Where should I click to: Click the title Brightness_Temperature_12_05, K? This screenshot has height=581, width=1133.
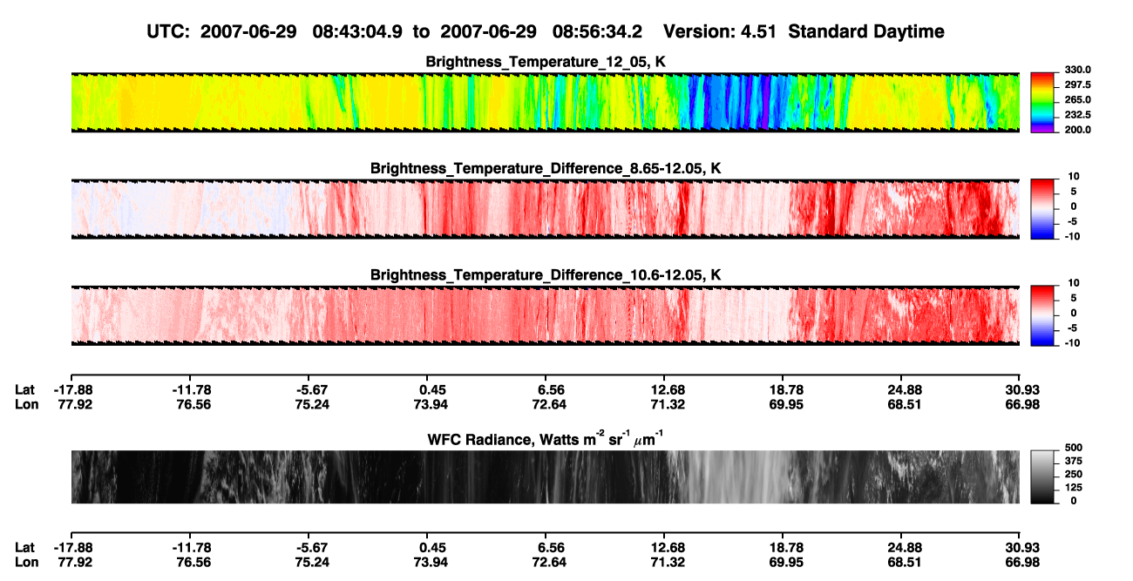(x=546, y=62)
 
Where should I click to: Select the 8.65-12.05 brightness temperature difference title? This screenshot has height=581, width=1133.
(x=546, y=168)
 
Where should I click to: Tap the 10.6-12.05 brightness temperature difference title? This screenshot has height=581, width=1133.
(x=546, y=275)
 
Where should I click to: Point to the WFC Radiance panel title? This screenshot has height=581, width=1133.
(x=546, y=438)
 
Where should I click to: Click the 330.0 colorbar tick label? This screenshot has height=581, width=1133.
(x=1077, y=70)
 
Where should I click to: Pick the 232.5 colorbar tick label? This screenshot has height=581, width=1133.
(x=1077, y=115)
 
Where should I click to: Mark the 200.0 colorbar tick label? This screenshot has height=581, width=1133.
(x=1077, y=130)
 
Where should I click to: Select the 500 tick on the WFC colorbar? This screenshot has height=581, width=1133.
(x=1074, y=448)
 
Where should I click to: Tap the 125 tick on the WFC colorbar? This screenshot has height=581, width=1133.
(x=1074, y=488)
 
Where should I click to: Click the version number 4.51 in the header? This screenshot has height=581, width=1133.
(x=758, y=31)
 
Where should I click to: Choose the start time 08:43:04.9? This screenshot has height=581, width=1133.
(x=357, y=31)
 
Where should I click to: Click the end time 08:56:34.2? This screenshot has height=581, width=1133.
(x=597, y=31)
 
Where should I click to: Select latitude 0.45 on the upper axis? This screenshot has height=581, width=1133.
(x=432, y=390)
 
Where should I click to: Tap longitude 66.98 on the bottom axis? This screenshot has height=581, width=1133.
(x=1022, y=563)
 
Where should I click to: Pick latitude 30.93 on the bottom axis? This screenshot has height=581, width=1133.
(x=1022, y=548)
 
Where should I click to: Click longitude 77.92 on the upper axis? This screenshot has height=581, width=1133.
(x=75, y=404)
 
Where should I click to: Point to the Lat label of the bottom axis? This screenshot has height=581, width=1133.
(x=24, y=548)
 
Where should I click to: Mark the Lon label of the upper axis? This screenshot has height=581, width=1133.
(x=26, y=404)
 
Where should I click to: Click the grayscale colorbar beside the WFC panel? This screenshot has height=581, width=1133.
(x=1042, y=476)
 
